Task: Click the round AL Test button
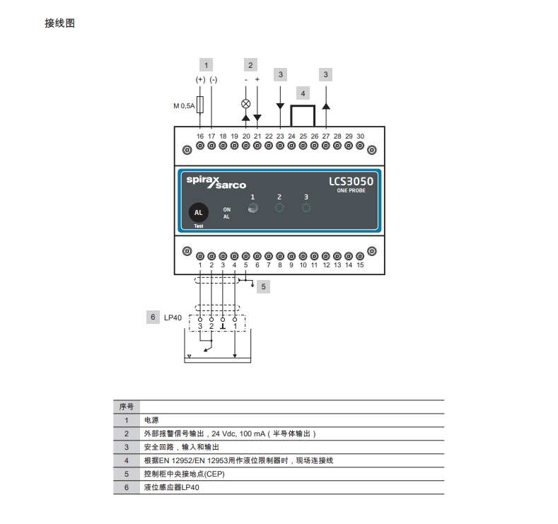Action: coord(199,213)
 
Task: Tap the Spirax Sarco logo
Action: coord(216,182)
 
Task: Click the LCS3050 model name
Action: coord(351,182)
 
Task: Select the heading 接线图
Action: coord(59,23)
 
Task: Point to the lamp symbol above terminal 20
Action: coord(246,103)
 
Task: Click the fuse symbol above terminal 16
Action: coord(200,105)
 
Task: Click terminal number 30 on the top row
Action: coord(360,136)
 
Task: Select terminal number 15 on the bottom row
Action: coord(360,265)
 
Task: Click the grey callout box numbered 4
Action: coord(303,93)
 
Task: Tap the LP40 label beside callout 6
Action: coord(173,318)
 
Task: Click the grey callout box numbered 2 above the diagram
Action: coord(250,65)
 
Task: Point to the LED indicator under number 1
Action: coord(253,208)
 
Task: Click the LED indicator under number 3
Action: coord(306,208)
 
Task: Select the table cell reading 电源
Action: coord(151,419)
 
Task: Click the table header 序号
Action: coord(126,406)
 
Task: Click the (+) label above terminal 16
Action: coord(200,80)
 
